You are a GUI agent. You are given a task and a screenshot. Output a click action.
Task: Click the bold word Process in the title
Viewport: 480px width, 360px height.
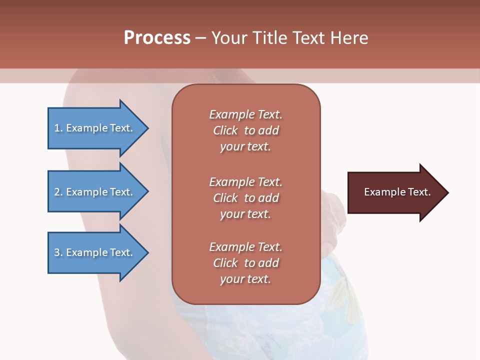[x=157, y=38]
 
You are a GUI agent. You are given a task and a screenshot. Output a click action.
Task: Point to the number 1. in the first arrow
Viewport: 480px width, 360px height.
[x=58, y=128]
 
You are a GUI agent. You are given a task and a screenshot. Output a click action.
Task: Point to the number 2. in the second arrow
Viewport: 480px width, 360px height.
[x=58, y=192]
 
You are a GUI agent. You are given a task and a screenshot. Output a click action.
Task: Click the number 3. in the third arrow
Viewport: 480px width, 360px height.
[x=58, y=252]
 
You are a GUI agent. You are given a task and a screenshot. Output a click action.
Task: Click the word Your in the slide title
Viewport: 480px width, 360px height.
[x=230, y=38]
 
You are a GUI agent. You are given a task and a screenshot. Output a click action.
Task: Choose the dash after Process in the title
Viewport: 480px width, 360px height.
[x=201, y=38]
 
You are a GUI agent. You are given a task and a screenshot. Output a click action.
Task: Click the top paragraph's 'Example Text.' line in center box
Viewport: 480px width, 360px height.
[x=245, y=114]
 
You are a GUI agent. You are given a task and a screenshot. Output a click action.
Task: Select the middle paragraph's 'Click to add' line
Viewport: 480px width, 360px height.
[x=245, y=198]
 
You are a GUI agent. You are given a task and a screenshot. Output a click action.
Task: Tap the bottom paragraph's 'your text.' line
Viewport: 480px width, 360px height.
[x=245, y=279]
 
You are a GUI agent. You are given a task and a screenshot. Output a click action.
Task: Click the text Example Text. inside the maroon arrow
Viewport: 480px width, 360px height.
[x=397, y=192]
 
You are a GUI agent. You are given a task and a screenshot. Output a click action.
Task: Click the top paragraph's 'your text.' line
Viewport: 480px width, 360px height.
[x=245, y=147]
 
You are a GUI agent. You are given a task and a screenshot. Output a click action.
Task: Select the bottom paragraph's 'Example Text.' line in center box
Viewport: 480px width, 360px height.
[x=245, y=247]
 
